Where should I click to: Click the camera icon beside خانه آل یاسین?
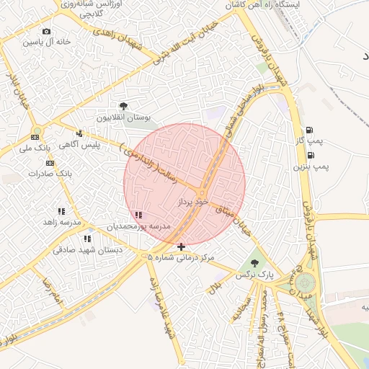coord(47,32)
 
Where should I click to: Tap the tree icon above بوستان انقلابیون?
coord(124,107)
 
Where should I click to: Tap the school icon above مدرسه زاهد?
coord(61,211)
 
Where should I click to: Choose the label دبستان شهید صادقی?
coord(88,250)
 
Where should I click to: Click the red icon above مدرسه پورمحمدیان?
coord(138,215)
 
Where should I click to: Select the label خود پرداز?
coord(192,203)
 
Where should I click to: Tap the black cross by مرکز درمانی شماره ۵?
coord(181,246)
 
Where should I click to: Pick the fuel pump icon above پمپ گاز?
coord(310,130)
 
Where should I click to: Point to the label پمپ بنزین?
coord(310,166)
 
